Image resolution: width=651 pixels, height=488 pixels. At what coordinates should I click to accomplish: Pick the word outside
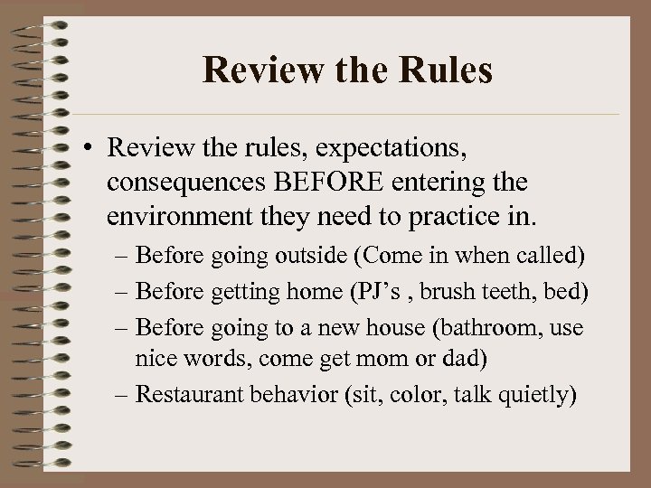click(307, 256)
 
